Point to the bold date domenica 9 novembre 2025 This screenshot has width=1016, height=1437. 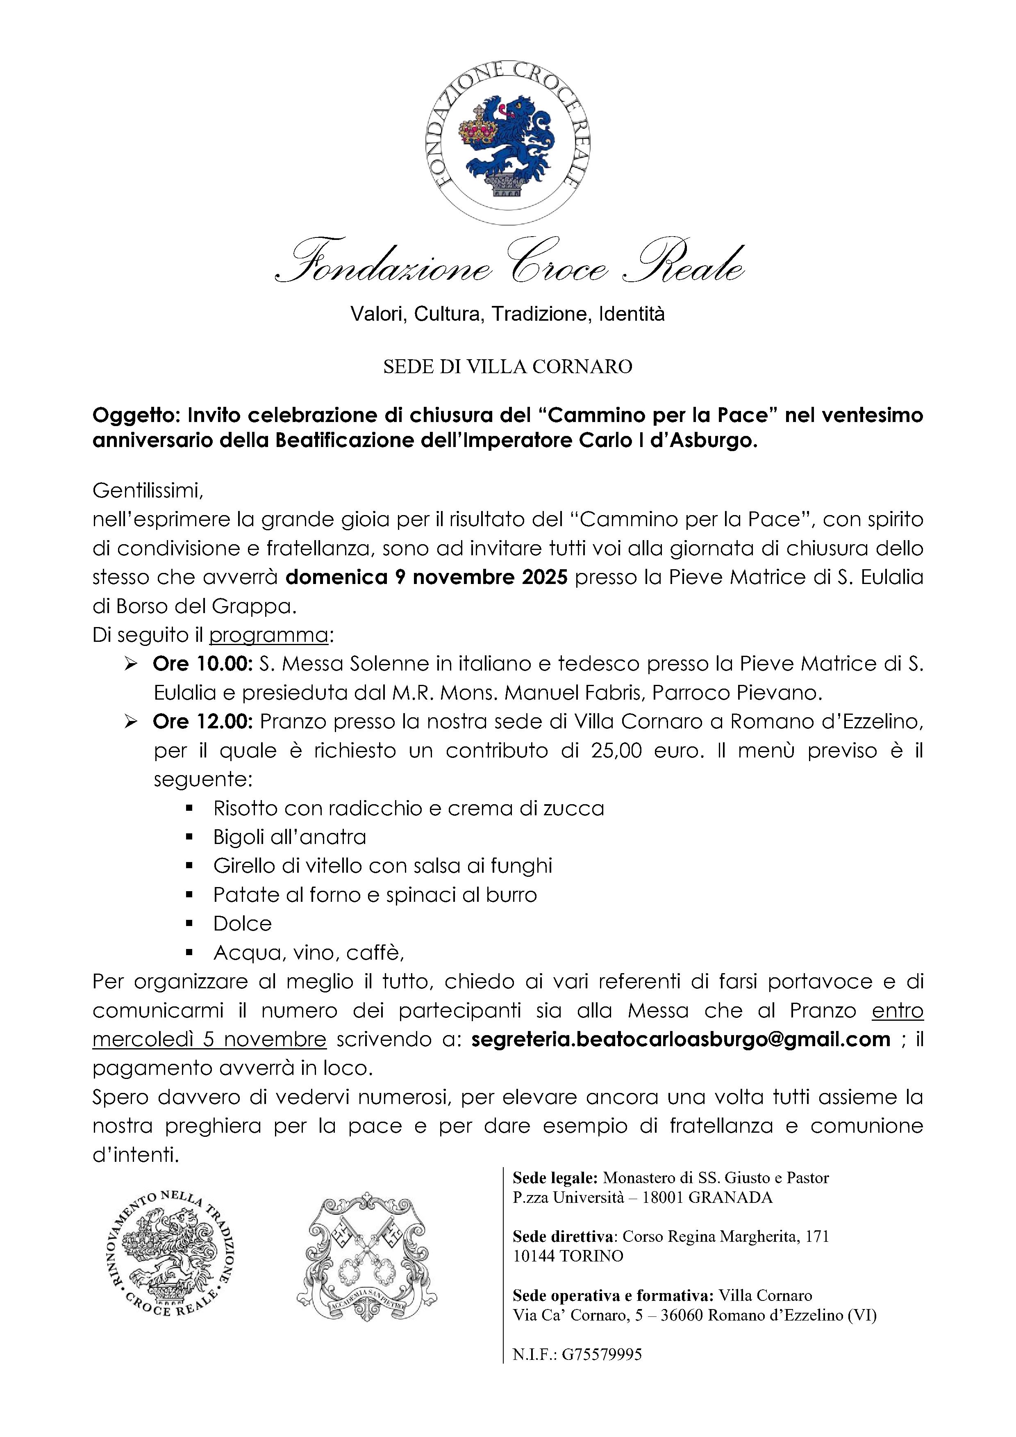point(427,577)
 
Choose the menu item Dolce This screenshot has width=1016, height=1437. point(242,923)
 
